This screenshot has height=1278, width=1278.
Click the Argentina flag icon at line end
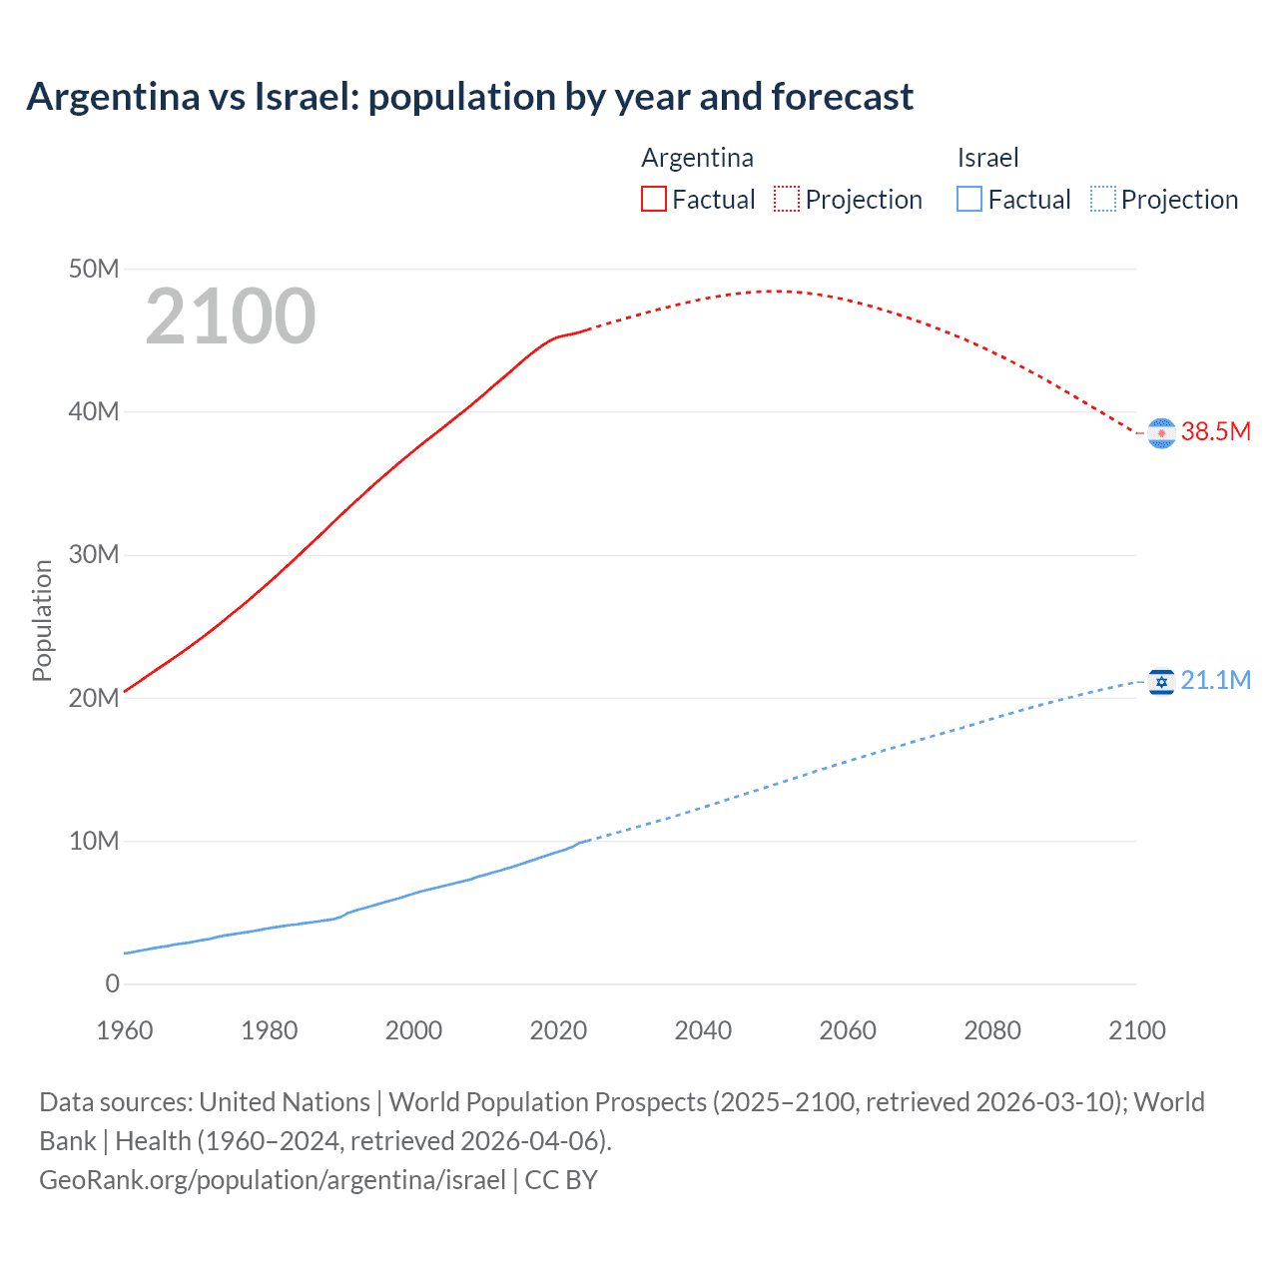click(1161, 433)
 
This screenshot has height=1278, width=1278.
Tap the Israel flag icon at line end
click(1161, 682)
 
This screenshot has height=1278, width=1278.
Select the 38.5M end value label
click(1216, 431)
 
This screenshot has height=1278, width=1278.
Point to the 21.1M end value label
click(1216, 680)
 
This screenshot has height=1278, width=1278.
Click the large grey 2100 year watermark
click(231, 317)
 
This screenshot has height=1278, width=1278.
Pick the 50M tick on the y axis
click(94, 269)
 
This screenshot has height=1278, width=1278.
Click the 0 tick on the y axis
click(112, 983)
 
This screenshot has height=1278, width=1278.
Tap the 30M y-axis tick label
click(94, 554)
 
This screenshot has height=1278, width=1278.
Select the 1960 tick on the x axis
click(125, 1030)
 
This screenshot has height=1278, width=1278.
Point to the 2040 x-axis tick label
click(703, 1030)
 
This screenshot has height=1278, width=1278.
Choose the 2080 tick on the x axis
click(992, 1030)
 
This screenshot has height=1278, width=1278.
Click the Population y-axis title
click(42, 620)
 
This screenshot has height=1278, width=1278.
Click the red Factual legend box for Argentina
click(653, 199)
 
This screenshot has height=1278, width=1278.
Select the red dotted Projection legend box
click(787, 199)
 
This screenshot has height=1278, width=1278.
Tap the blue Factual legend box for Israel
click(969, 199)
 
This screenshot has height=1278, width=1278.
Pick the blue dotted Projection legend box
click(1102, 199)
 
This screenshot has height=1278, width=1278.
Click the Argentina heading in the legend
click(697, 158)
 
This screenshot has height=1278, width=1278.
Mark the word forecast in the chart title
click(842, 97)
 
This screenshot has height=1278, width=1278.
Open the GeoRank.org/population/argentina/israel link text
click(273, 1179)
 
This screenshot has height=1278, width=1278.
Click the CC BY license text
click(561, 1179)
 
